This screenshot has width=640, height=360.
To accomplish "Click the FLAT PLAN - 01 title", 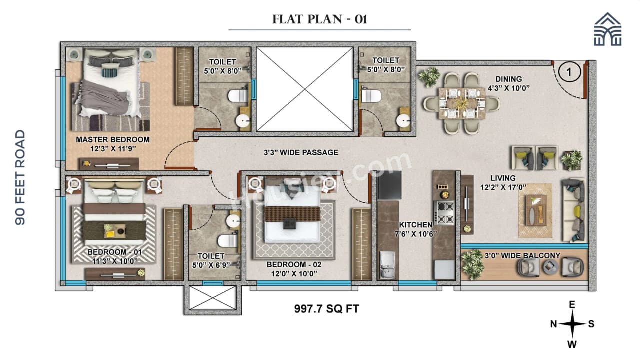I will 320,20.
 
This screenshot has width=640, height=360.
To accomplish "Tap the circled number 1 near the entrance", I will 569,72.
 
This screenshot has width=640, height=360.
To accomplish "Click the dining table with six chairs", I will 461,103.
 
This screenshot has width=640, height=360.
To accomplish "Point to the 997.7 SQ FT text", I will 326,309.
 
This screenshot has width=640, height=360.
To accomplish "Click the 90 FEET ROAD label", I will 20,177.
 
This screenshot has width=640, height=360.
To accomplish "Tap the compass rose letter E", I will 572,305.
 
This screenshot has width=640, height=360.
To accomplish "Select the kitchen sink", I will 387,263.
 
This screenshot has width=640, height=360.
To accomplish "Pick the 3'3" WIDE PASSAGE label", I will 301,152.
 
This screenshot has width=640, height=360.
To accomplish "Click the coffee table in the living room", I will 536,210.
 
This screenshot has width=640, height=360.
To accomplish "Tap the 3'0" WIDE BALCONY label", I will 522,256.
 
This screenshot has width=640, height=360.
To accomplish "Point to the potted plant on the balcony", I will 472,265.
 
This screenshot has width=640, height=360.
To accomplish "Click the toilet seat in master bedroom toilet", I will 237,95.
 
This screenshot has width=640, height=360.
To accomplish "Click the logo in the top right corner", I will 608,30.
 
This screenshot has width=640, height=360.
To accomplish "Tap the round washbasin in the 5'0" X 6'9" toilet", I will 233,221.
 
